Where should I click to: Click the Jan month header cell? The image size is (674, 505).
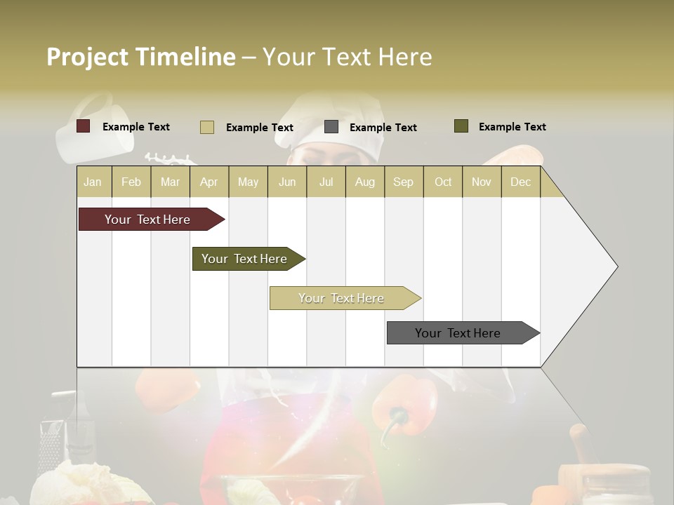coord(93,182)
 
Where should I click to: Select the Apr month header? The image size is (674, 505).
coord(209,182)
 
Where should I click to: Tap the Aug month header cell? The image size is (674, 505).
coord(365,182)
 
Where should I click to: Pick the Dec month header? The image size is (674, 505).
coord(521,182)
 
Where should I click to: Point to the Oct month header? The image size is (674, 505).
coord(443,182)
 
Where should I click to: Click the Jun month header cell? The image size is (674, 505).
coord(287,182)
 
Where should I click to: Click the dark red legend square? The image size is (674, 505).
coord(84,126)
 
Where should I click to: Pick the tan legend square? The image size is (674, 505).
coord(207,127)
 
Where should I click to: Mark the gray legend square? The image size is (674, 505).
coord(331,127)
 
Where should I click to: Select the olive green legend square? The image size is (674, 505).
coord(461,126)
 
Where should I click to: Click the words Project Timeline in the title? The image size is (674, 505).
coord(141,57)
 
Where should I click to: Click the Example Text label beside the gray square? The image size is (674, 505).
coord(383,128)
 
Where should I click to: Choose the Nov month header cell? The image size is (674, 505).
coord(482,182)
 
